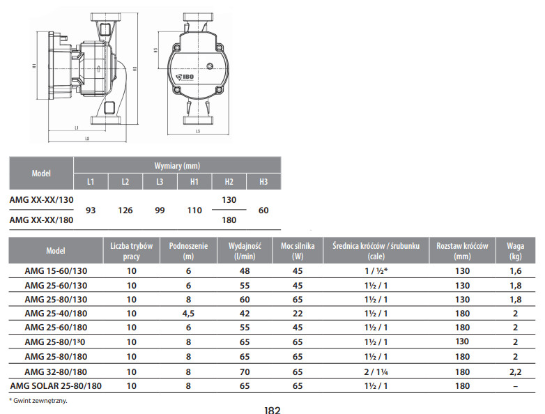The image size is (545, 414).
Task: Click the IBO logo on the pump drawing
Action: pyautogui.click(x=185, y=77)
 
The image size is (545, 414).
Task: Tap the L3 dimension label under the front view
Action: pyautogui.click(x=198, y=132)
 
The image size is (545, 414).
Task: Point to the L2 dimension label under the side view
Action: pyautogui.click(x=87, y=139)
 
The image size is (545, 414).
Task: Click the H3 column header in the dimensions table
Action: pyautogui.click(x=263, y=181)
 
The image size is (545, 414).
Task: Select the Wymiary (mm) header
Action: pyautogui.click(x=177, y=166)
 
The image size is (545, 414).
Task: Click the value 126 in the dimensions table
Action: pyautogui.click(x=125, y=210)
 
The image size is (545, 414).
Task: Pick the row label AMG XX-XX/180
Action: pyautogui.click(x=41, y=220)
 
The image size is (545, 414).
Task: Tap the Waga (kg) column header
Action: pyautogui.click(x=515, y=251)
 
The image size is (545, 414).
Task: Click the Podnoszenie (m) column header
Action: pyautogui.click(x=188, y=251)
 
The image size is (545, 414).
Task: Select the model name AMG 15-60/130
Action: pyautogui.click(x=56, y=271)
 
